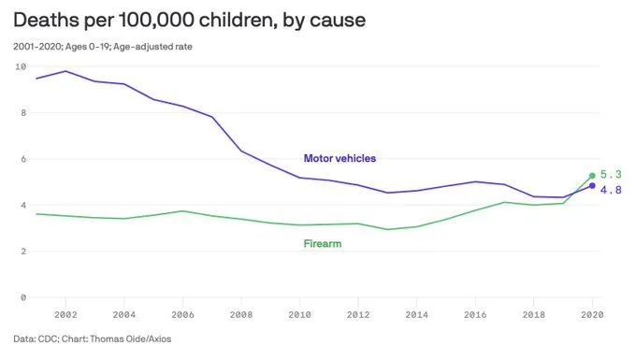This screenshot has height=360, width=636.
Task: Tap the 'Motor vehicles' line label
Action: [340, 158]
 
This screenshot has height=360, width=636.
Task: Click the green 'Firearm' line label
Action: [323, 244]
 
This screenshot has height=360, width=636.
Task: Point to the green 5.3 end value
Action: [611, 175]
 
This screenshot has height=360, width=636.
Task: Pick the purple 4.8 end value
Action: [611, 191]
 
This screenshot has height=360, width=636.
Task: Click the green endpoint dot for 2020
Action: [591, 176]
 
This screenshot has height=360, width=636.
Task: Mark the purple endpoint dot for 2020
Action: [591, 186]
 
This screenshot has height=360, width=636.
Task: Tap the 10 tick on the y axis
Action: [20, 67]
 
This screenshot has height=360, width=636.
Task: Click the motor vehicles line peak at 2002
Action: [65, 71]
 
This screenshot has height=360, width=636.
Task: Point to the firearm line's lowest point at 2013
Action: [386, 229]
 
